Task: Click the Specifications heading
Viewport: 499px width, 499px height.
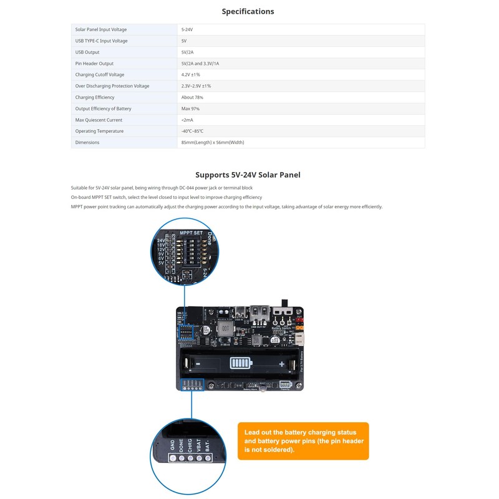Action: (248, 11)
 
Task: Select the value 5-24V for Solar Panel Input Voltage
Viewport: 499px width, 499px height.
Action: (187, 29)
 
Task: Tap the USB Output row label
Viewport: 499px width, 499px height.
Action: (87, 52)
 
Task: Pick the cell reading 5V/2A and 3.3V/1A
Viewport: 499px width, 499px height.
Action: (200, 64)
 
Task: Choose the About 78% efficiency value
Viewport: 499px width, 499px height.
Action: (192, 97)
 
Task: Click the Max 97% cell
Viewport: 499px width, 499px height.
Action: (190, 109)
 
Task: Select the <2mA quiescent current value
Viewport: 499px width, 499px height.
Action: (187, 120)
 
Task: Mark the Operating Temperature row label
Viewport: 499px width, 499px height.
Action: (99, 131)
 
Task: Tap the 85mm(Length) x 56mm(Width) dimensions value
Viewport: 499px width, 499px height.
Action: (213, 142)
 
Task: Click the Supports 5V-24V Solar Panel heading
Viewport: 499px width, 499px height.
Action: (248, 175)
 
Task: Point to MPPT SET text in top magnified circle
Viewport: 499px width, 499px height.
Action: (191, 233)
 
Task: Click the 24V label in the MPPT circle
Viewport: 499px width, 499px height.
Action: (161, 240)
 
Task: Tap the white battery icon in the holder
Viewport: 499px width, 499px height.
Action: (239, 364)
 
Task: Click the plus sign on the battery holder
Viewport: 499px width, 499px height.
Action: (282, 364)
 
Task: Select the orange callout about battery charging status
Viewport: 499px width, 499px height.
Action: (303, 440)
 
